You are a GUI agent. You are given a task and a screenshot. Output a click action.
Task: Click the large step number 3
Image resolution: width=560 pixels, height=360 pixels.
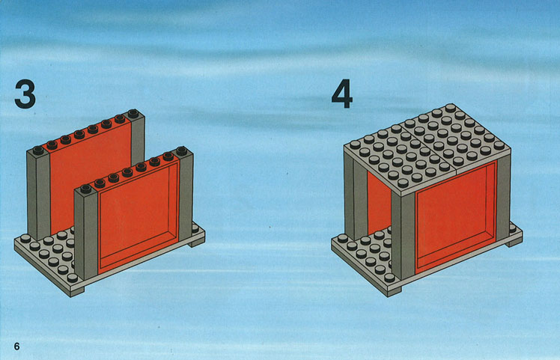click(x=25, y=94)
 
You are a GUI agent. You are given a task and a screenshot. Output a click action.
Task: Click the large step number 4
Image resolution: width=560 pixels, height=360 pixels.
click(x=342, y=94)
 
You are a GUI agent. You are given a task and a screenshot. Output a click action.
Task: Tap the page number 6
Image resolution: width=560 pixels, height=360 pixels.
click(x=16, y=346)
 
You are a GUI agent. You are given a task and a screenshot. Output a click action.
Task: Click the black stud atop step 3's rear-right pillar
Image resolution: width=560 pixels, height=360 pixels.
click(x=133, y=114)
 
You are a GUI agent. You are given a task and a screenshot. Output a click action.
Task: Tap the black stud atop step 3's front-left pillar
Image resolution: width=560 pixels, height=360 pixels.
click(x=85, y=189)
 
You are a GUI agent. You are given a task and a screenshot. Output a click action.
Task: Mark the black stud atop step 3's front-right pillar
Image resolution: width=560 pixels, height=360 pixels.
click(x=181, y=150)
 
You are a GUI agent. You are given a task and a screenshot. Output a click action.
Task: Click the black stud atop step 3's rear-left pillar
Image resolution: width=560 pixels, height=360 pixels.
click(x=38, y=150)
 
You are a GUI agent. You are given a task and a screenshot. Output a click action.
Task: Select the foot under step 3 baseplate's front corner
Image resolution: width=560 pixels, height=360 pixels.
click(x=77, y=292)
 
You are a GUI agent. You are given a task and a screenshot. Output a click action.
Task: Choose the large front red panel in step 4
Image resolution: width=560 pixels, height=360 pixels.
click(x=456, y=216)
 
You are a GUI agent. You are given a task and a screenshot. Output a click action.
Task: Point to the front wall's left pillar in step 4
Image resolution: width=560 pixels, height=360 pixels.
click(x=404, y=236)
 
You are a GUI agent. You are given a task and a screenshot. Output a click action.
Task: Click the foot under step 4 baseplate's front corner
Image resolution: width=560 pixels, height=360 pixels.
click(x=394, y=292)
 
